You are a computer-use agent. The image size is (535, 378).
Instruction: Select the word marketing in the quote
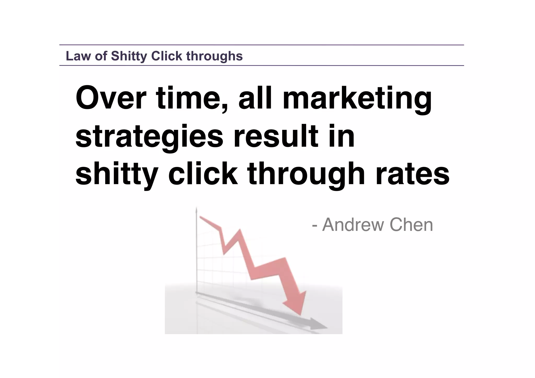tap(357, 99)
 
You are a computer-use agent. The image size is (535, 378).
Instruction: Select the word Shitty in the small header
tap(129, 56)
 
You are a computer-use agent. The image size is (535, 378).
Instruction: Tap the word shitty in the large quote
tap(117, 174)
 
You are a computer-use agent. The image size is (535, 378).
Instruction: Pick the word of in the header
tap(101, 56)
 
